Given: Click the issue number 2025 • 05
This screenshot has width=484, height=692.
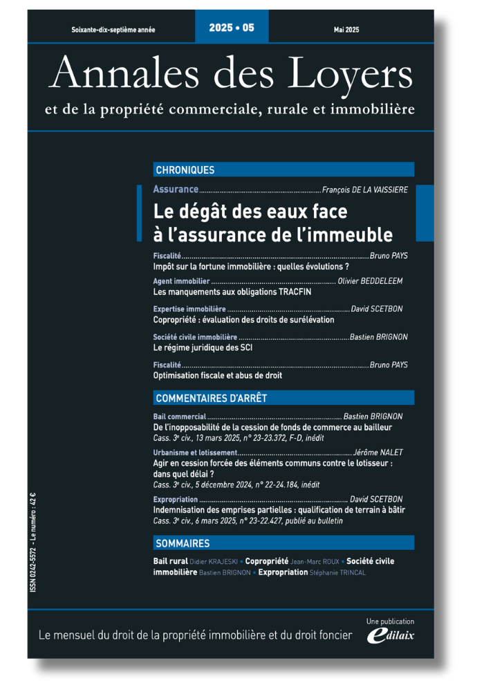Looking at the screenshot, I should point(232,28).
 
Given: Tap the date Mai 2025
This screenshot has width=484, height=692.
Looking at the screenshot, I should point(346,30).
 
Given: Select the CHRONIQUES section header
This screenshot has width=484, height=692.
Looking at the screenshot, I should point(185,170).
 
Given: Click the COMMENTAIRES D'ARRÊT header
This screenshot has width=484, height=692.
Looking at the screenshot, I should point(212,398).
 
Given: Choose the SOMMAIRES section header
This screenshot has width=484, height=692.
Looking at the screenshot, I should point(183,543).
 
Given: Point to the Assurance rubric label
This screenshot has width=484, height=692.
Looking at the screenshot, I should point(176,189).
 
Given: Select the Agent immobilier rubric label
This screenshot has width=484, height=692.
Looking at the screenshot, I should point(180,282).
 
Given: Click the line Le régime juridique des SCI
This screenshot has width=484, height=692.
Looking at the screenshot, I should point(203,347).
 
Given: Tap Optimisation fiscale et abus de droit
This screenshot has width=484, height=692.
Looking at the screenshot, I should point(217,375).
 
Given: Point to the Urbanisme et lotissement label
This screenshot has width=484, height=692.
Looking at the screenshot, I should point(196,453).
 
